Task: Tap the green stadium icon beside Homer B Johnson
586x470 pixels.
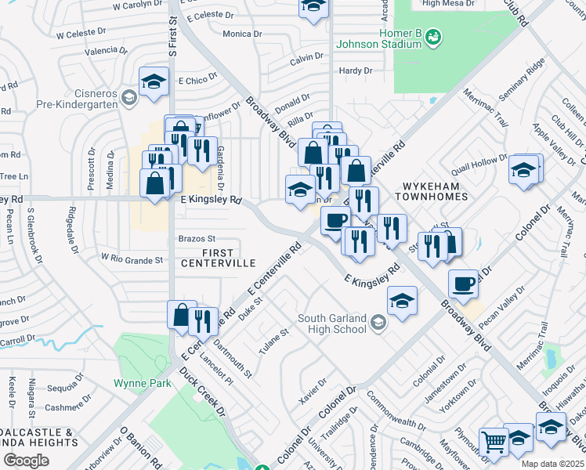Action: pyautogui.click(x=433, y=37)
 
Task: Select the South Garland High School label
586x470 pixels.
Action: pyautogui.click(x=331, y=324)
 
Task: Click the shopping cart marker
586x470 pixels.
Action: pyautogui.click(x=494, y=443)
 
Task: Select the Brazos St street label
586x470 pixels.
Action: pyautogui.click(x=197, y=238)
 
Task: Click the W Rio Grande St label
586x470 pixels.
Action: pyautogui.click(x=132, y=259)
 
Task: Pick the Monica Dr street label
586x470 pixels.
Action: pyautogui.click(x=242, y=34)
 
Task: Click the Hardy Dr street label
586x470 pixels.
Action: pyautogui.click(x=356, y=71)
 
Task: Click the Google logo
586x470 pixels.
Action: pyautogui.click(x=26, y=460)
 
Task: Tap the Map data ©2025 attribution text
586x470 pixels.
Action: pyautogui.click(x=552, y=464)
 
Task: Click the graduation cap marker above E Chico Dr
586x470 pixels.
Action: pyautogui.click(x=154, y=81)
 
